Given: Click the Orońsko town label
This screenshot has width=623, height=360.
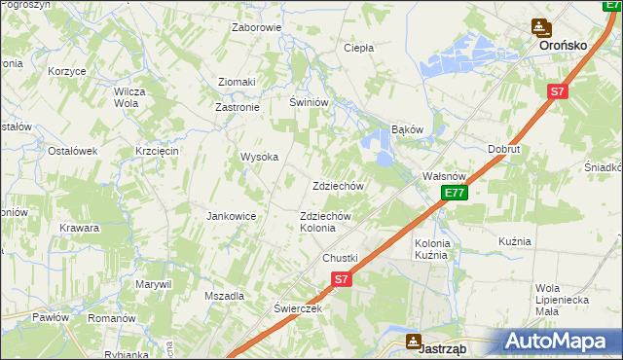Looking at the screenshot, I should click(x=568, y=45).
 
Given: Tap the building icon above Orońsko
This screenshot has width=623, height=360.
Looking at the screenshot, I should click(x=540, y=28).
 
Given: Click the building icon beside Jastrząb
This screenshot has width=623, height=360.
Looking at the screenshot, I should click(x=414, y=342).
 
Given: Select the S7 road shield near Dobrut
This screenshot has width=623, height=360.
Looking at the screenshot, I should click(x=556, y=92).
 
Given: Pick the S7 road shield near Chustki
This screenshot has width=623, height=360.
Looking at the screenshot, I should click(x=340, y=279).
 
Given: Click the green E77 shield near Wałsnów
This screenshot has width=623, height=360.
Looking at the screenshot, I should click(x=454, y=194).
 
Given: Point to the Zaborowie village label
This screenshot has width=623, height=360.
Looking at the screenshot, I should click(x=256, y=27).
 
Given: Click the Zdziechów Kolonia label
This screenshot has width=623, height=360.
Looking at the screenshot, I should click(x=318, y=221).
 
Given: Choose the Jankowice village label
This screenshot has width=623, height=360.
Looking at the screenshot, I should click(x=231, y=216).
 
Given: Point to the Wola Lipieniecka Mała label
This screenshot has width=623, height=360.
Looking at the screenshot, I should click(x=560, y=299).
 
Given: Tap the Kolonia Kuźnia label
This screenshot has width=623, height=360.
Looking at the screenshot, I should click(x=431, y=248).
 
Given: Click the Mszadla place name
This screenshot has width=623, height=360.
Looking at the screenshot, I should click(x=223, y=295).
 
